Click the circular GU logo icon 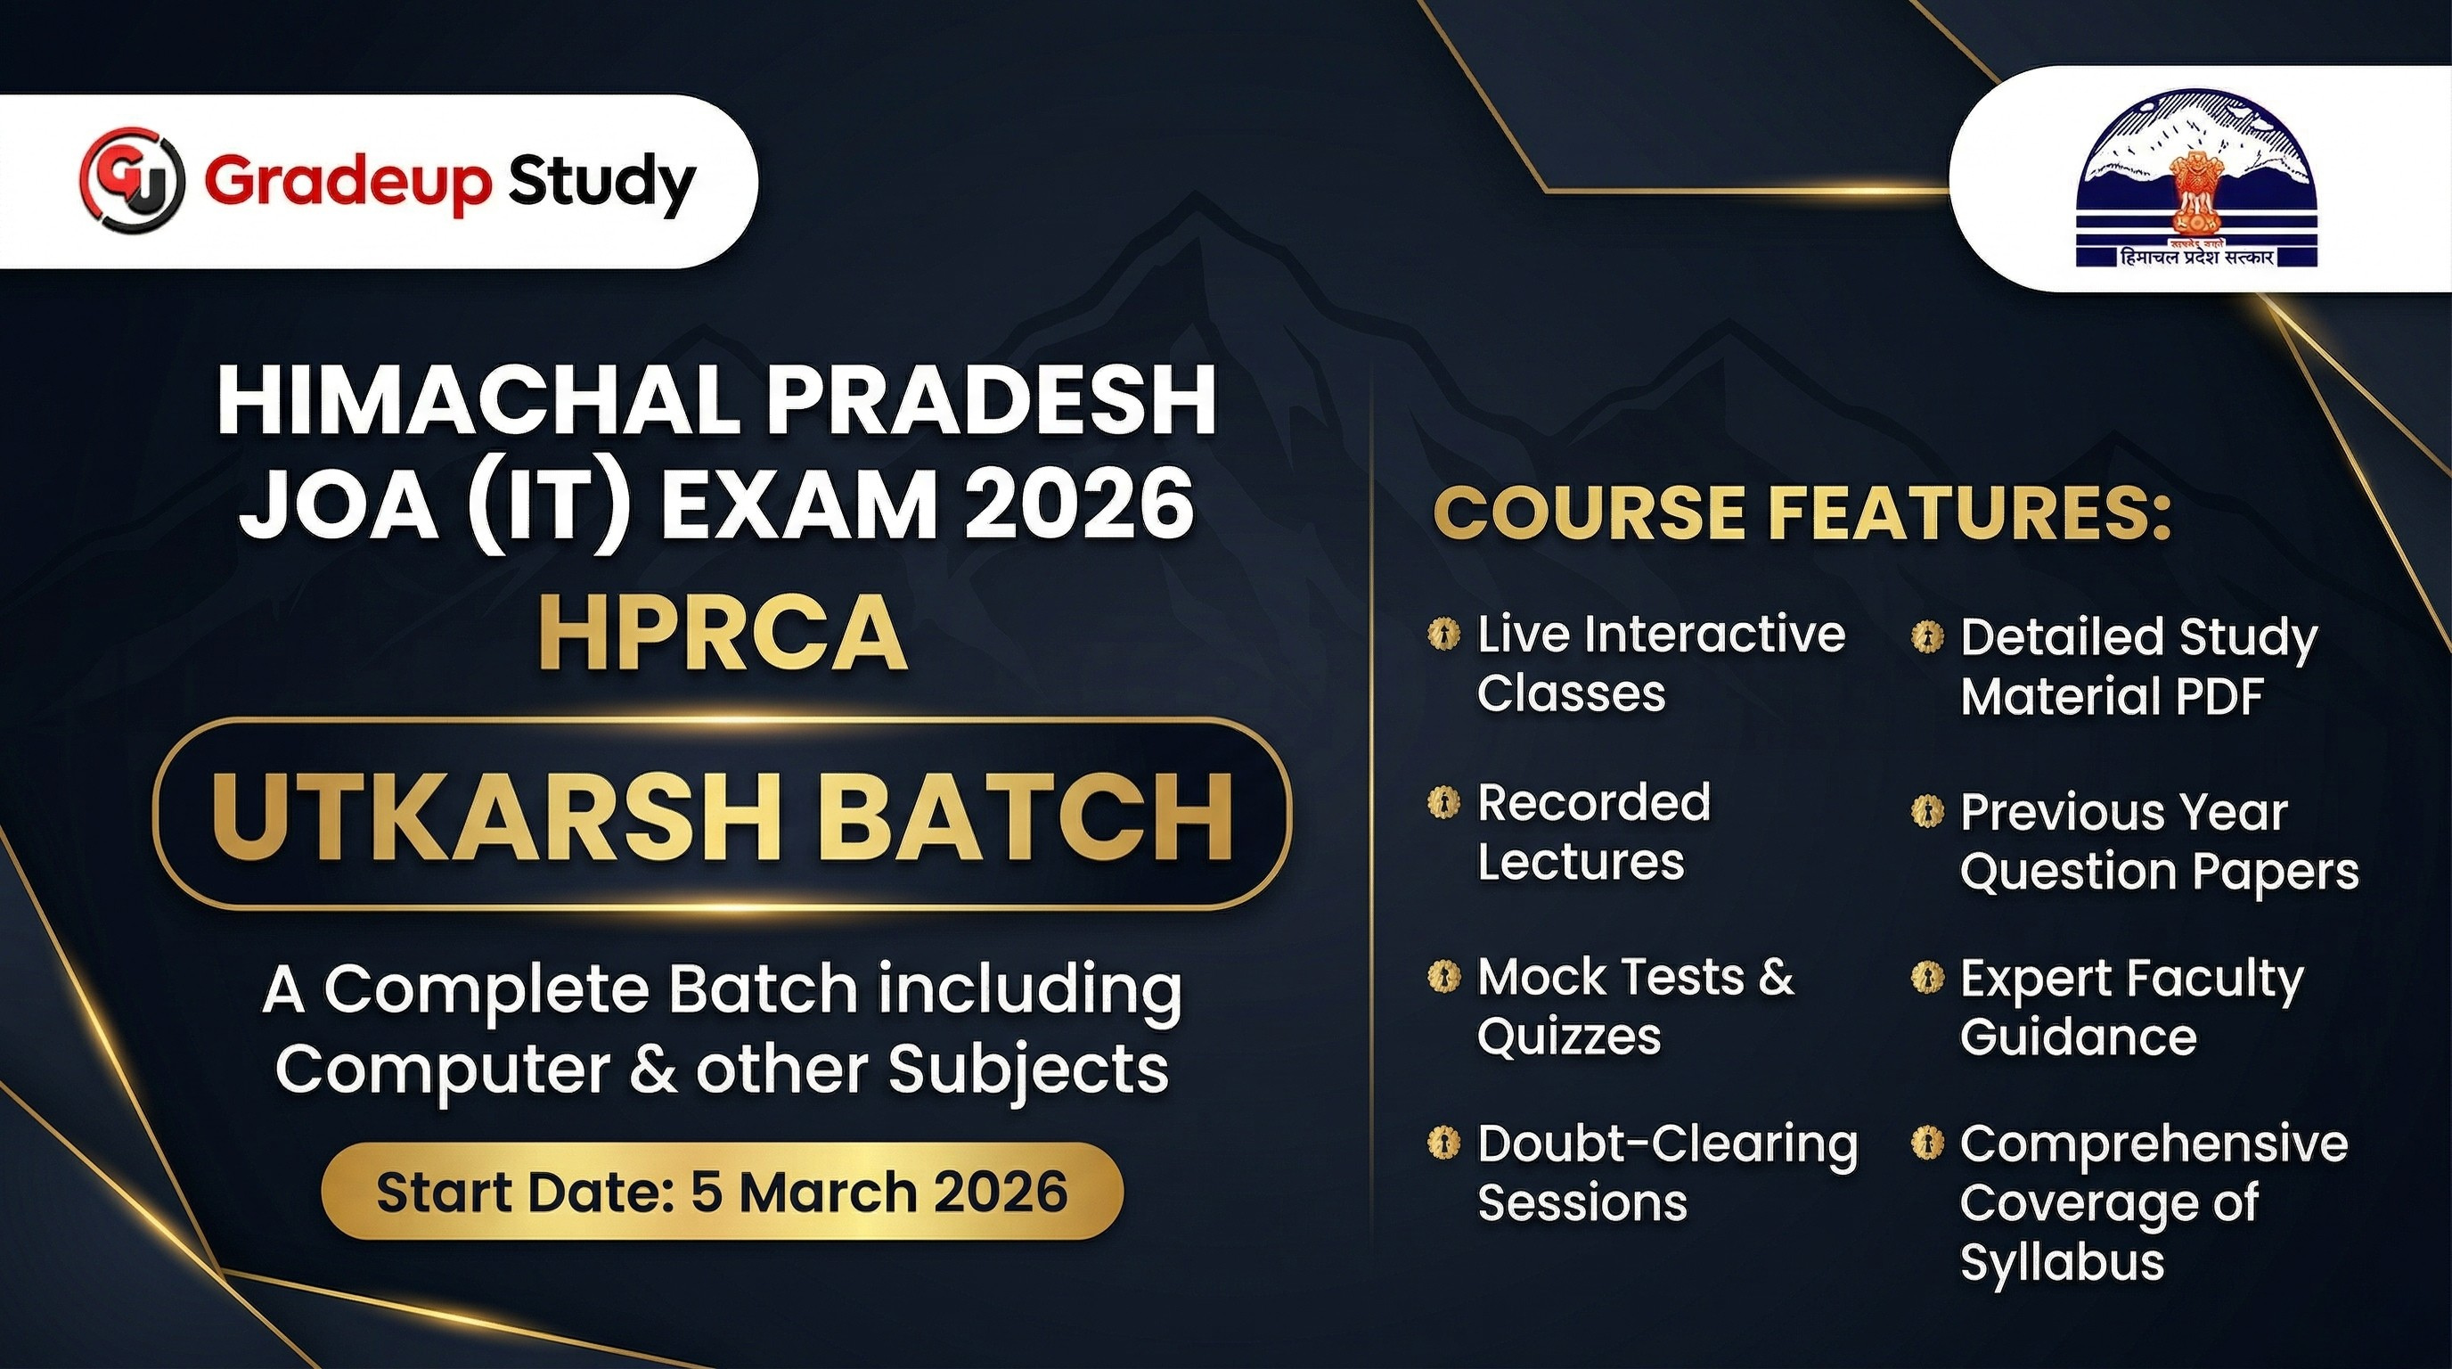click(130, 182)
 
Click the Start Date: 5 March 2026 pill click(723, 1192)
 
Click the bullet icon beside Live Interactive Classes click(1444, 634)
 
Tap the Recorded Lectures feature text click(1594, 831)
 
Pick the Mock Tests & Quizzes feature click(1635, 1005)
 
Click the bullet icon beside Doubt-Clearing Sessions click(1444, 1142)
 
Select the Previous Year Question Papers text click(2159, 843)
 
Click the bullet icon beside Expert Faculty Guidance click(1927, 979)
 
